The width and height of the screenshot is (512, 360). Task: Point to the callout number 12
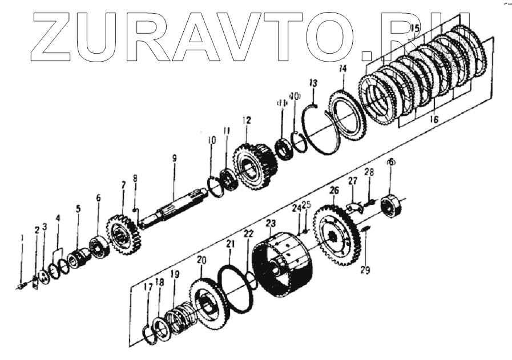coord(246,120)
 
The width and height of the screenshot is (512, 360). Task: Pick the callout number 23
coord(271,224)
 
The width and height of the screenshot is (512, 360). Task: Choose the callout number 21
coord(230,245)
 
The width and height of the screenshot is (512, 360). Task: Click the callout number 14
coord(342,69)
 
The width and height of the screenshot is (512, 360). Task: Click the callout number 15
coord(415,28)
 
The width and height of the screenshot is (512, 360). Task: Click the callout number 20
coord(201,260)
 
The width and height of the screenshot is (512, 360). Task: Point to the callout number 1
coord(21,238)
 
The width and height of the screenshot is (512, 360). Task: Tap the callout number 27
coord(353,181)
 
